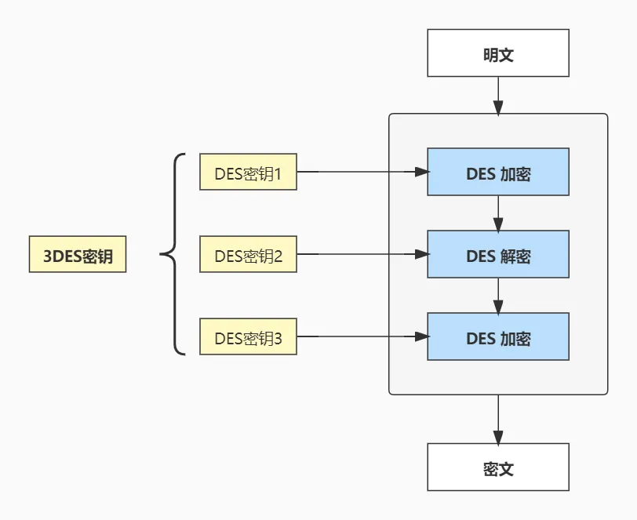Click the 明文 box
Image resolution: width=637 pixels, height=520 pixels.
pyautogui.click(x=498, y=53)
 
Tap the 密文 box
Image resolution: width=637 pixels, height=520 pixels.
pyautogui.click(x=498, y=467)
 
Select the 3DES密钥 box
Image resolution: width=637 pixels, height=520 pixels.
pyautogui.click(x=78, y=254)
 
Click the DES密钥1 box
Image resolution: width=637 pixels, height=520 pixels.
pyautogui.click(x=248, y=172)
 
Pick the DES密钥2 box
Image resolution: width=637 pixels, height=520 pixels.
pyautogui.click(x=248, y=254)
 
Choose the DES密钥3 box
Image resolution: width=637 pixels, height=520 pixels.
pyautogui.click(x=248, y=336)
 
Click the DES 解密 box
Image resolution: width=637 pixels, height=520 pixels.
pyautogui.click(x=498, y=254)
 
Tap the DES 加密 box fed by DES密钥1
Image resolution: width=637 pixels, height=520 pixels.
pyautogui.click(x=498, y=172)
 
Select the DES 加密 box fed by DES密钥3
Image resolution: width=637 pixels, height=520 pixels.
pyautogui.click(x=498, y=336)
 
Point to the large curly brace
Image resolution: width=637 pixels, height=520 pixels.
pyautogui.click(x=175, y=254)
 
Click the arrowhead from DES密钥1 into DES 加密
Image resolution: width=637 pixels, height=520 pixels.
pyautogui.click(x=422, y=172)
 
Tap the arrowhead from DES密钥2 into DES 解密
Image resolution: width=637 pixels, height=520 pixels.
pyautogui.click(x=422, y=254)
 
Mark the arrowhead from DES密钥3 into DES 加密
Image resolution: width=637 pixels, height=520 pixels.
pyautogui.click(x=422, y=336)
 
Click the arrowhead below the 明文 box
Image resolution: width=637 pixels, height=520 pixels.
pyautogui.click(x=498, y=108)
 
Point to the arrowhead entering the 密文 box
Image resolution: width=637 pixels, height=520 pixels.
pyautogui.click(x=498, y=437)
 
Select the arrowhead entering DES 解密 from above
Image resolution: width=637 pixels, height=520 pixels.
pyautogui.click(x=498, y=224)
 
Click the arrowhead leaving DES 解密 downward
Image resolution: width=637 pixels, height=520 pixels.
pyautogui.click(x=498, y=307)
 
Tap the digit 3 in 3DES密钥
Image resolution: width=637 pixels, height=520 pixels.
pyautogui.click(x=47, y=256)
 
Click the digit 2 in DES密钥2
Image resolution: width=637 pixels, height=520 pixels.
pyautogui.click(x=278, y=256)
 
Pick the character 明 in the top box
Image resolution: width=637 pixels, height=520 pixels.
pyautogui.click(x=491, y=55)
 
